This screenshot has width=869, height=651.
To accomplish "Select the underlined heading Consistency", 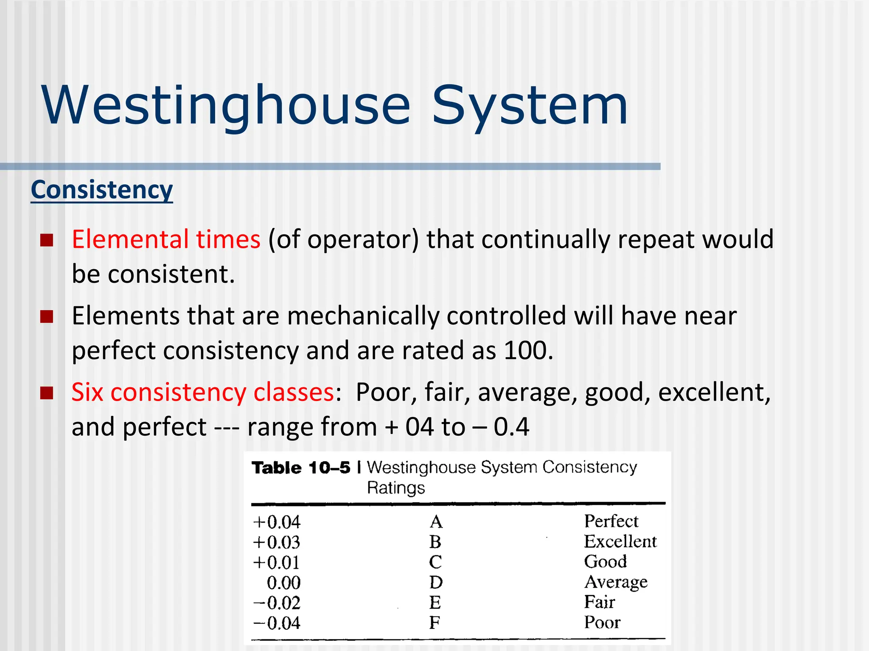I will coord(102,189).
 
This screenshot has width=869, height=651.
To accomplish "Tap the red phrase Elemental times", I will coord(166,239).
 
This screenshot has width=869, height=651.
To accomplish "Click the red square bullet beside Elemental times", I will coord(47,240).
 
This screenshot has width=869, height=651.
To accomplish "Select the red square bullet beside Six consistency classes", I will coord(47,393).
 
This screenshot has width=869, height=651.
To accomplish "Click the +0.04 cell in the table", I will coord(277,522).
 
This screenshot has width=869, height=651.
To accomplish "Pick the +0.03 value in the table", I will coord(277,542).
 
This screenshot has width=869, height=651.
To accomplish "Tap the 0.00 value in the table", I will coord(283,583).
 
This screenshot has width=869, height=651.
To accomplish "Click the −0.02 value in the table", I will coord(277,603).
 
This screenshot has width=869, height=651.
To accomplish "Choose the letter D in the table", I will coord(436,582).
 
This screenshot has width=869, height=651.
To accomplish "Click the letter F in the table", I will coord(434,623).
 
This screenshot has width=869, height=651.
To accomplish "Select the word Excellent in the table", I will coord(620,542).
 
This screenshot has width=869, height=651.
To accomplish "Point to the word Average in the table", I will coord(616,582).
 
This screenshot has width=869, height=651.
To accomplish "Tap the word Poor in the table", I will coord(602,622).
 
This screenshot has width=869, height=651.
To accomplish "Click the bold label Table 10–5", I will coord(301,468).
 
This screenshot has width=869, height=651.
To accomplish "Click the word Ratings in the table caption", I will coord(395,488).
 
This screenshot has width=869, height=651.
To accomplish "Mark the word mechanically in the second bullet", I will coord(362,316).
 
